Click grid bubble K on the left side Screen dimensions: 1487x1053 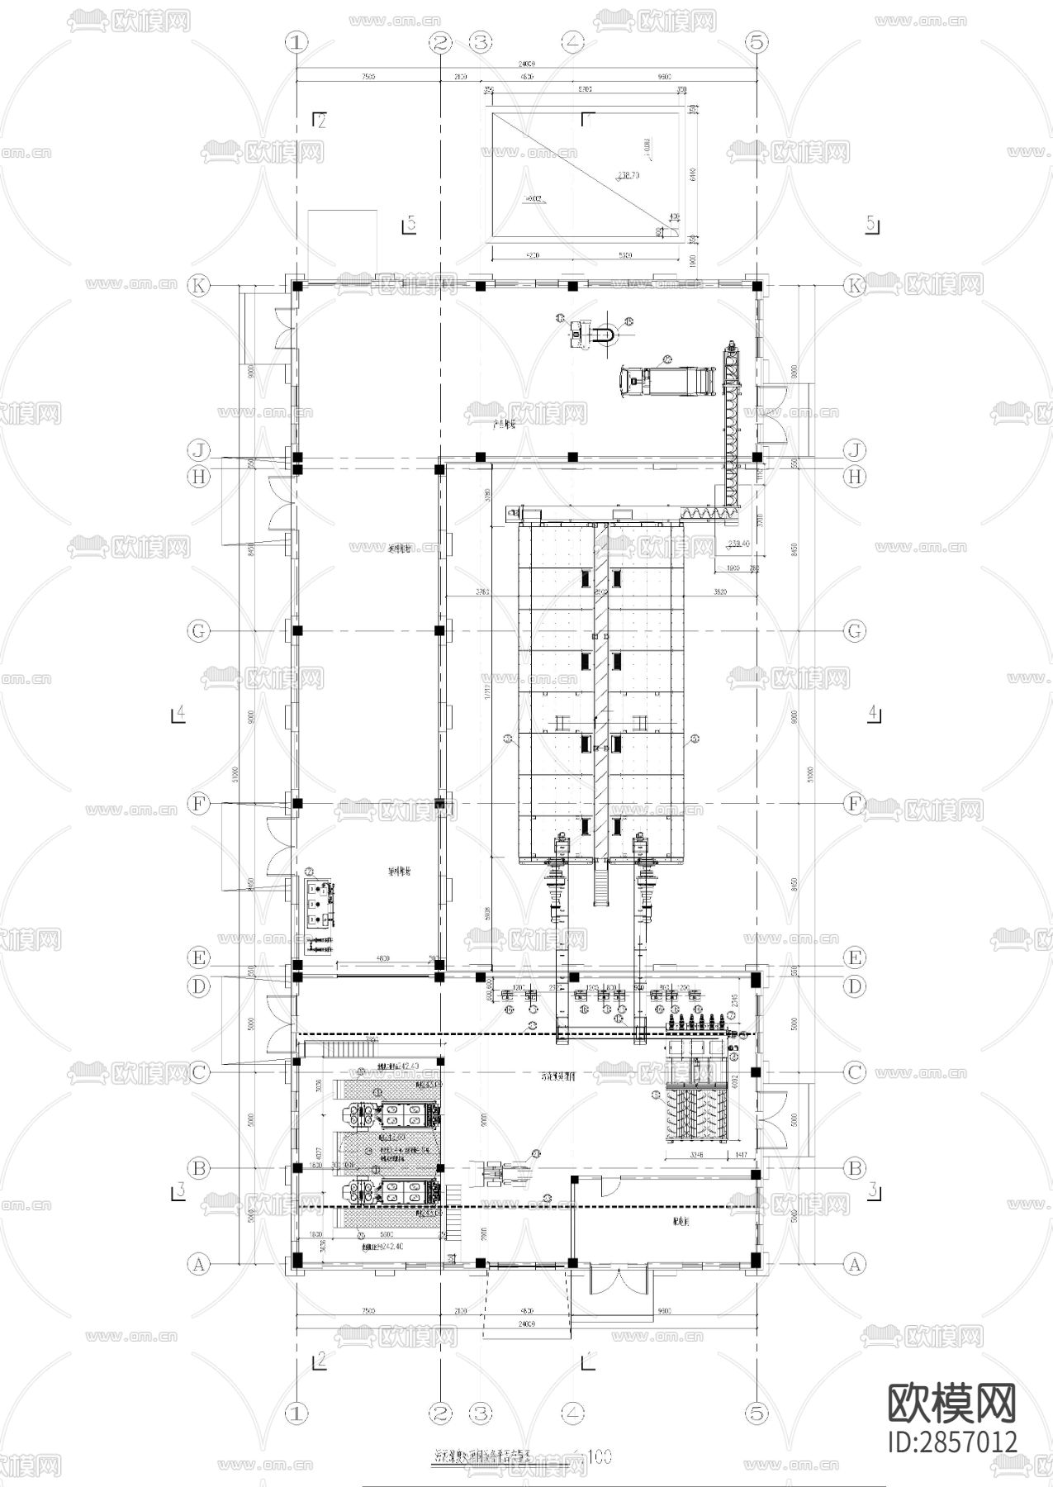click(x=198, y=286)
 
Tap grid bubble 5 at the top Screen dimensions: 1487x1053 click(x=757, y=41)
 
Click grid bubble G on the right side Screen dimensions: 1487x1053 click(x=855, y=631)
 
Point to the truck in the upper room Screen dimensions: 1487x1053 click(x=665, y=380)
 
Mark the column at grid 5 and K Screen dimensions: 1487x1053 click(x=757, y=286)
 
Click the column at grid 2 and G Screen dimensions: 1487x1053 click(x=440, y=631)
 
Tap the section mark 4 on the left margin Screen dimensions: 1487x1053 click(x=178, y=713)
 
